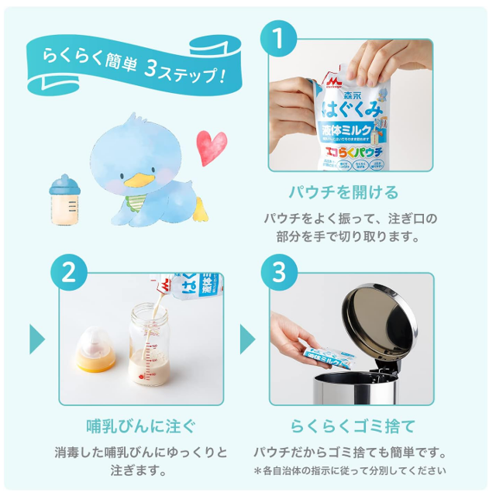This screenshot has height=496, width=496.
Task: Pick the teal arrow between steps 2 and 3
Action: click(x=247, y=339)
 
